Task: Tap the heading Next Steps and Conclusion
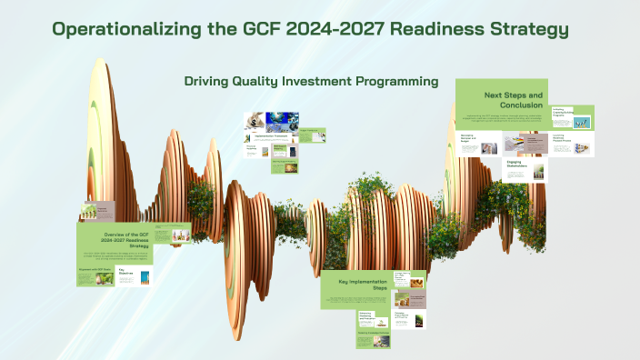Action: point(514,99)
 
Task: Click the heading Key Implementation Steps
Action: point(356,284)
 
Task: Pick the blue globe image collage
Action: point(281,120)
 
